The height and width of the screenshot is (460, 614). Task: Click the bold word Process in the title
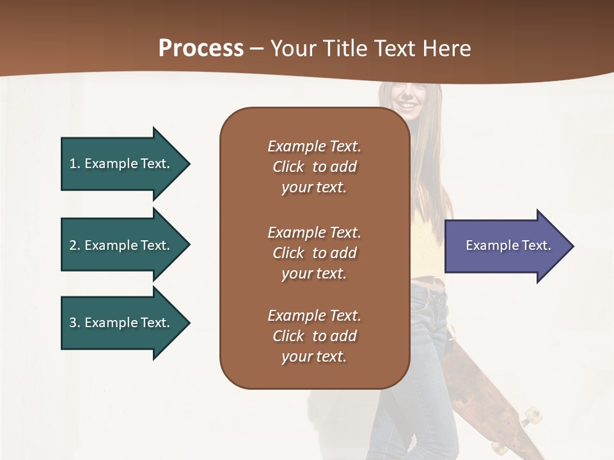point(201,48)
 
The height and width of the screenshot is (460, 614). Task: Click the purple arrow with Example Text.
point(505,246)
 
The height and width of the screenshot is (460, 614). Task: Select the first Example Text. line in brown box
point(314,146)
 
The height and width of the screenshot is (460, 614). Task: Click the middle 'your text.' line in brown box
point(314,273)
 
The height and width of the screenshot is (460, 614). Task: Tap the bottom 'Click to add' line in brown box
point(314,336)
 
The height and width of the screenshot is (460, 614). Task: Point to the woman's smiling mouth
point(407,102)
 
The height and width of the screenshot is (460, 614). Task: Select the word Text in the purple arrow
point(536,245)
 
